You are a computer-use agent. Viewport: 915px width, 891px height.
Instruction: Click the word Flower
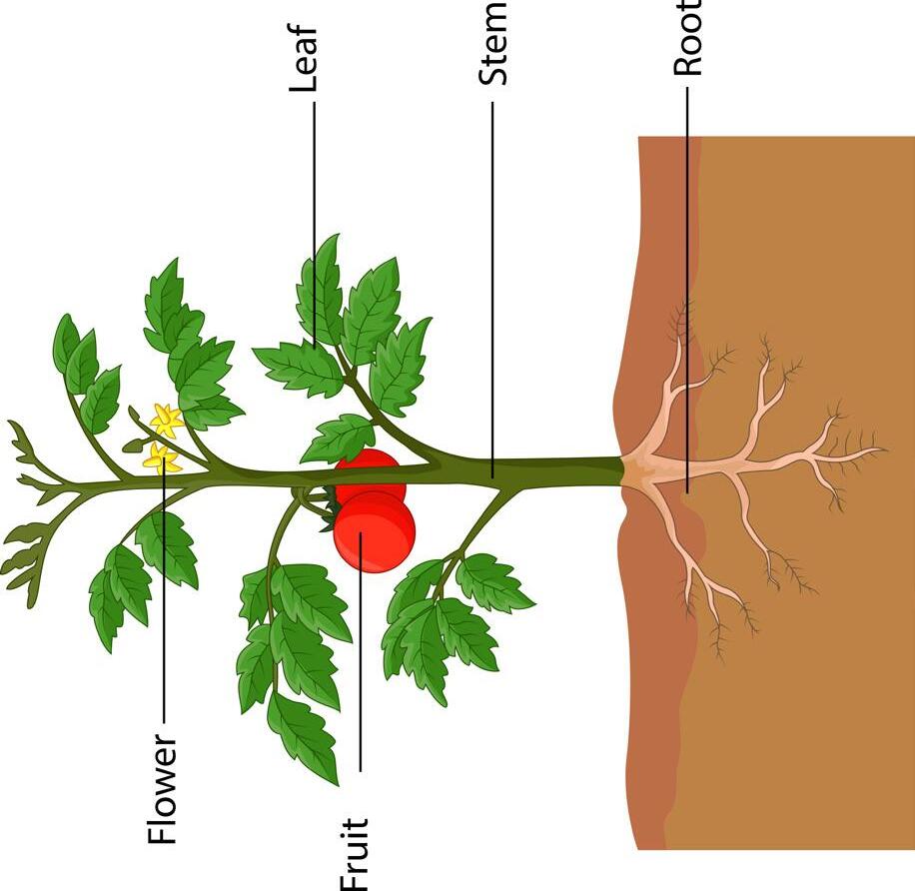pyautogui.click(x=162, y=790)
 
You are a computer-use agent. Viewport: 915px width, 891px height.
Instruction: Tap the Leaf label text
pyautogui.click(x=304, y=59)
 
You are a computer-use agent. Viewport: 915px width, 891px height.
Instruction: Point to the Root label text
pyautogui.click(x=688, y=38)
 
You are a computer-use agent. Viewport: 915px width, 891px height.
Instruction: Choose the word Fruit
pyautogui.click(x=356, y=855)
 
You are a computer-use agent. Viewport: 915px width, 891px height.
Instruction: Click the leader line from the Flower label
pyautogui.click(x=162, y=599)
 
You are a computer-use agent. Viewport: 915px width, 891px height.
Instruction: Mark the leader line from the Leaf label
pyautogui.click(x=315, y=220)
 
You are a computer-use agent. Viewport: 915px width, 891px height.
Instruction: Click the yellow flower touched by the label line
pyautogui.click(x=161, y=458)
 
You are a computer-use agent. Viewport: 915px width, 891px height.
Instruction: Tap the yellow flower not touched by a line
pyautogui.click(x=166, y=421)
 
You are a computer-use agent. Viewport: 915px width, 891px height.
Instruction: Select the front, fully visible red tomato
pyautogui.click(x=375, y=532)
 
